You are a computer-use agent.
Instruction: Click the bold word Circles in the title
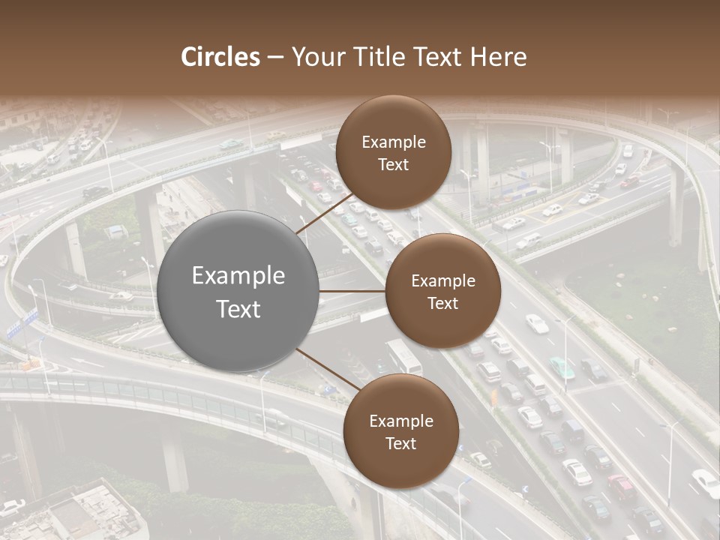pyautogui.click(x=220, y=57)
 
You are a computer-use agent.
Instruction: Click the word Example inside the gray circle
pyautogui.click(x=238, y=276)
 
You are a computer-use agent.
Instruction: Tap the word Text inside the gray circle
pyautogui.click(x=238, y=309)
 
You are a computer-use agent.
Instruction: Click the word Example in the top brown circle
pyautogui.click(x=394, y=142)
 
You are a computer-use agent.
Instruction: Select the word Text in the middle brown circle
pyautogui.click(x=442, y=303)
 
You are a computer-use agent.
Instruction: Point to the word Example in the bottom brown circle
pyautogui.click(x=401, y=421)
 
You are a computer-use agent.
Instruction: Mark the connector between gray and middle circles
pyautogui.click(x=352, y=291)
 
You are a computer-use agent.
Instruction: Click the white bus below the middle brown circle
pyautogui.click(x=403, y=356)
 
